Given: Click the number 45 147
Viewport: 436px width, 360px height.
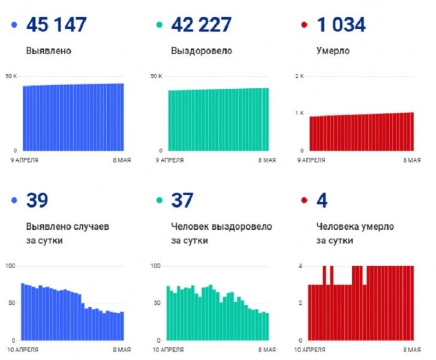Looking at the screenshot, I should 58,25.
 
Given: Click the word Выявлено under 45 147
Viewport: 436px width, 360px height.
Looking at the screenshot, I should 49,51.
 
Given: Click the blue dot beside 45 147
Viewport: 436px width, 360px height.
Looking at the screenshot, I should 14,26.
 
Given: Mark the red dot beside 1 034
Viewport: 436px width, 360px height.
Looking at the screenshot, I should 303,26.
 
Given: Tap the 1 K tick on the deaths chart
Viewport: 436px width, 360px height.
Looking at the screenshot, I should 300,113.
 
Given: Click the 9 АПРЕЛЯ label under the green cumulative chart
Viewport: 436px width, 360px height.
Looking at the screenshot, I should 170,160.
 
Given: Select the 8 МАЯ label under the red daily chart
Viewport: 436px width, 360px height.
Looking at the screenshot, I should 411,350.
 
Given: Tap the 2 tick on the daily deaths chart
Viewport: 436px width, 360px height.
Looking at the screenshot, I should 301,303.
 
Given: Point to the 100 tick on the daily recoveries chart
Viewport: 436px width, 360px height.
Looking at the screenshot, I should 155,266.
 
